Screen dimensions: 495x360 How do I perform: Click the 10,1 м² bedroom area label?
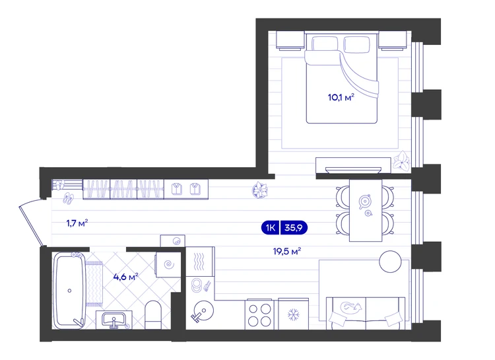[x=341, y=97]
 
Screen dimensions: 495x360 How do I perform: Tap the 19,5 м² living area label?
[x=286, y=252]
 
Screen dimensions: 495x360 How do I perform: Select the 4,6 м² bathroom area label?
[x=125, y=277]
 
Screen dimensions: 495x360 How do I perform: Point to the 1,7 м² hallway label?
[x=77, y=223]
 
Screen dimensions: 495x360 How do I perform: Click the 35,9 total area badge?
[x=294, y=228]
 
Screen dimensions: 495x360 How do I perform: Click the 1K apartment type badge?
[x=270, y=228]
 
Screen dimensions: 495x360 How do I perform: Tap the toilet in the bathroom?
[x=153, y=315]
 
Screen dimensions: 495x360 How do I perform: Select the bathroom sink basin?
[x=114, y=320]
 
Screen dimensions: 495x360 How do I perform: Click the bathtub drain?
[x=69, y=291]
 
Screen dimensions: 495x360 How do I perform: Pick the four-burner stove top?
[x=259, y=314]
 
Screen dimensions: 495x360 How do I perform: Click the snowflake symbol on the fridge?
[x=293, y=315]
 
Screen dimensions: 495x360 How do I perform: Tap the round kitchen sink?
[x=203, y=310]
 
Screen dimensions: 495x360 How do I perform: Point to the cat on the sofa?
[x=350, y=306]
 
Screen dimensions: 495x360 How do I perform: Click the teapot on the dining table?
[x=364, y=201]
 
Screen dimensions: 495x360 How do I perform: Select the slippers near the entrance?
[x=68, y=198]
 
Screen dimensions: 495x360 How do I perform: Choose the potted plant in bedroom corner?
[x=401, y=161]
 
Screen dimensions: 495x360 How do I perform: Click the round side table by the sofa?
[x=390, y=262]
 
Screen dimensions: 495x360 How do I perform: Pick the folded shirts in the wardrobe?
[x=186, y=189]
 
